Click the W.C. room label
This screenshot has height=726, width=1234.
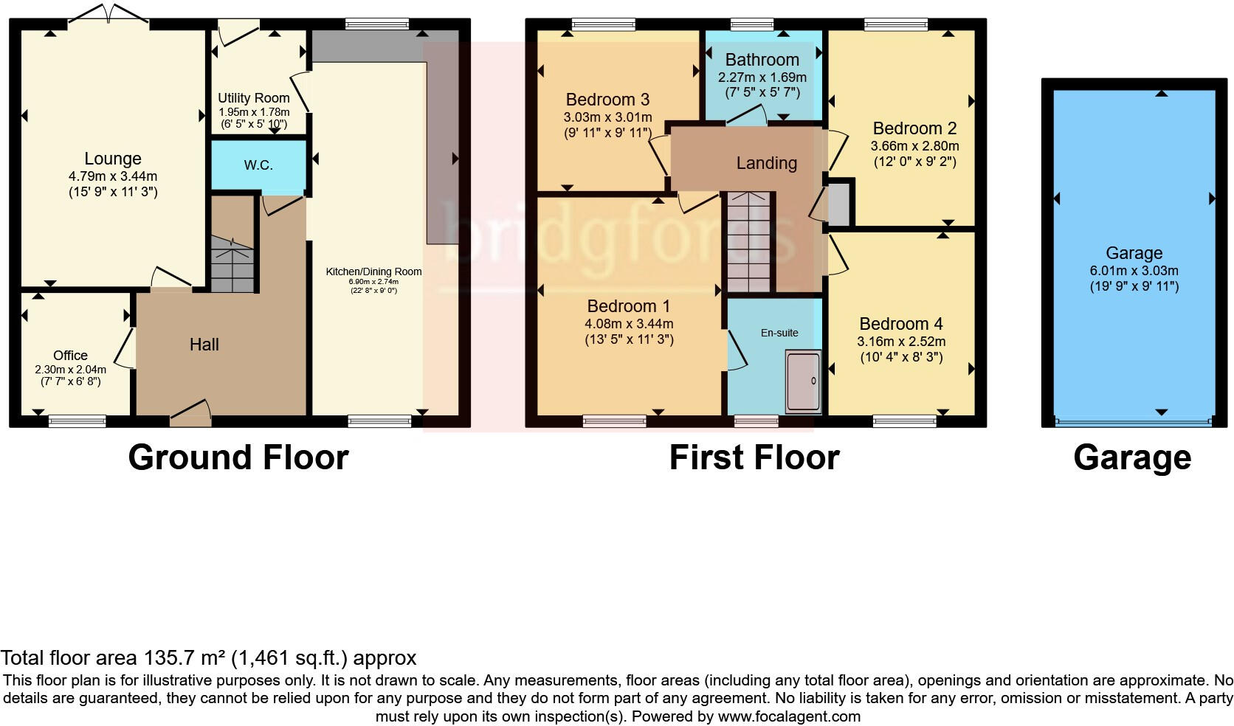click(x=258, y=165)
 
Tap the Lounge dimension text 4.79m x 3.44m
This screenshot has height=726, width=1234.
click(x=113, y=176)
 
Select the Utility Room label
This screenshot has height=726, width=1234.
click(x=253, y=97)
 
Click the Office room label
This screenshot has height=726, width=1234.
click(x=70, y=355)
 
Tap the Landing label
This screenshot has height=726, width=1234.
click(x=766, y=163)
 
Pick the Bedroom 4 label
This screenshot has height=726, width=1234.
click(x=900, y=324)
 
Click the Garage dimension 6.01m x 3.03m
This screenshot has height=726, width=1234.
click(x=1134, y=270)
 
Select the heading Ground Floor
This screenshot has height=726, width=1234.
click(x=238, y=457)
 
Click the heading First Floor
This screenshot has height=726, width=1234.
click(x=754, y=457)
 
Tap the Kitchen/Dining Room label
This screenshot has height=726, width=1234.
click(x=373, y=272)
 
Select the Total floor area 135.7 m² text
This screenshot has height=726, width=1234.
click(x=208, y=657)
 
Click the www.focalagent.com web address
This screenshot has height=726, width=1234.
click(x=788, y=716)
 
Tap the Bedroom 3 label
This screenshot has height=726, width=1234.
click(x=607, y=100)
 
